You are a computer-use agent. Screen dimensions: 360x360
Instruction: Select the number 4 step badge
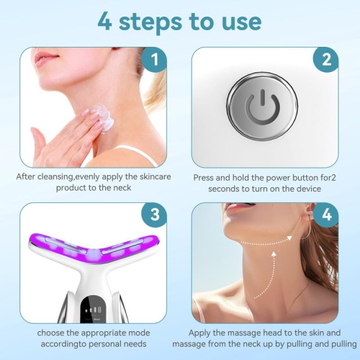pos(326,215)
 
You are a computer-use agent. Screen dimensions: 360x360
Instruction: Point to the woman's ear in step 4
pos(312,217)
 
